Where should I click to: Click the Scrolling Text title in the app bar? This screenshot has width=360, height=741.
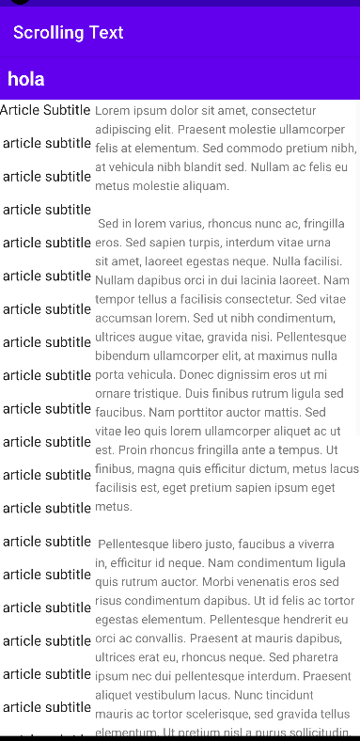(x=69, y=33)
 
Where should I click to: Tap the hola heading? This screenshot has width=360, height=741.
(x=26, y=79)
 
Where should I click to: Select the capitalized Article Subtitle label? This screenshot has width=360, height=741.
(x=45, y=110)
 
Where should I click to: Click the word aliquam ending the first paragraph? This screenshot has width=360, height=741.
(x=201, y=186)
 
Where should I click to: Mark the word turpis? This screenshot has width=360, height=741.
(x=235, y=243)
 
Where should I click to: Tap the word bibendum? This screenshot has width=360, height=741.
(x=129, y=355)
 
